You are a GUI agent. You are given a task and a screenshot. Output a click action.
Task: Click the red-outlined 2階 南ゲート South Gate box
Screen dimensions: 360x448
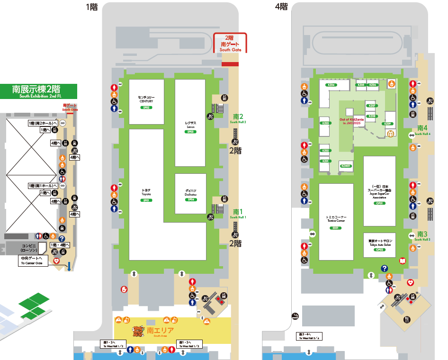pos(230,43)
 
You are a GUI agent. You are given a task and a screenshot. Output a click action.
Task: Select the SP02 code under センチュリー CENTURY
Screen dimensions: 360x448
pos(146,108)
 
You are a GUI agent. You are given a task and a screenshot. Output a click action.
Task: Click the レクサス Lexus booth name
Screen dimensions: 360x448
pos(190,125)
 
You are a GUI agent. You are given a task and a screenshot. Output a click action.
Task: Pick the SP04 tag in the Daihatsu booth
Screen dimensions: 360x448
pos(190,199)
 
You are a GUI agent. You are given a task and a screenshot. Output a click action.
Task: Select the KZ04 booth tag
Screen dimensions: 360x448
pos(331,85)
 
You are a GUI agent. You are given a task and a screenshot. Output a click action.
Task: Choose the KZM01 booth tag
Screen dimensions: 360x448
pos(346,166)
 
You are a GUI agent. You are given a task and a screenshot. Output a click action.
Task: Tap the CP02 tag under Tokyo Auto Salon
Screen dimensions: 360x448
pos(379,249)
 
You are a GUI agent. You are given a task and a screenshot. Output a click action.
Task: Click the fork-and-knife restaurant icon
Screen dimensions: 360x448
pos(406,320)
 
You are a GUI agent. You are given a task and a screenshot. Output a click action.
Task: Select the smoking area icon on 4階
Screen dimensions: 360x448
pos(295,316)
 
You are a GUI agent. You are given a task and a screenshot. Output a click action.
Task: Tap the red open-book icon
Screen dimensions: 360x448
pos(403,261)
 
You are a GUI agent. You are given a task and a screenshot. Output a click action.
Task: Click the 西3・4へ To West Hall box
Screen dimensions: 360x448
pos(309,337)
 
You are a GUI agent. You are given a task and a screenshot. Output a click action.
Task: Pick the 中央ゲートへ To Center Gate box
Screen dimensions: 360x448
pos(34,260)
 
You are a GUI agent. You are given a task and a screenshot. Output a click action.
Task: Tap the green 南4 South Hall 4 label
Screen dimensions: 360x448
pos(422,129)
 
